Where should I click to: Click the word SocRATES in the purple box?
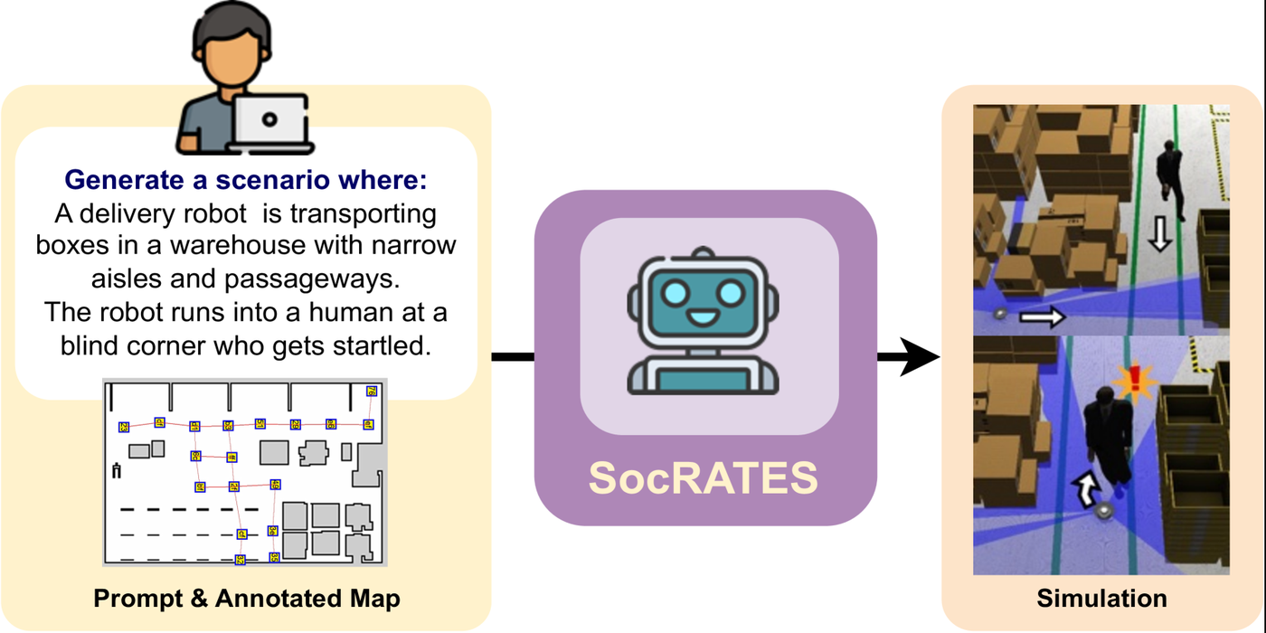tap(704, 477)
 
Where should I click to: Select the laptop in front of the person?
tap(269, 123)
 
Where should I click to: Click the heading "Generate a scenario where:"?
tap(245, 180)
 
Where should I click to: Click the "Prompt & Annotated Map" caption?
tap(247, 599)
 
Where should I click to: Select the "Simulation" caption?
tap(1101, 599)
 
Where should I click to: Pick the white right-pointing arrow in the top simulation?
tap(1042, 316)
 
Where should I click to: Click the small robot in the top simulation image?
tap(1000, 314)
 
